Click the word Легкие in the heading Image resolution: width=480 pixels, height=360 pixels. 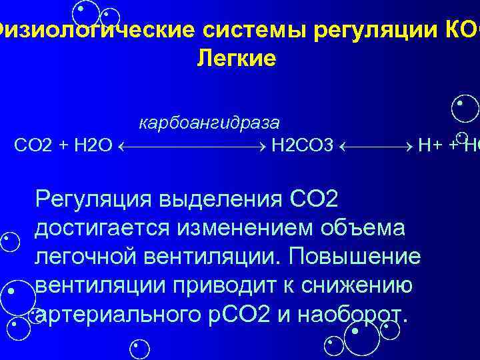pyautogui.click(x=236, y=59)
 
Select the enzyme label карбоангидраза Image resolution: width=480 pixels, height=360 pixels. pyautogui.click(x=209, y=123)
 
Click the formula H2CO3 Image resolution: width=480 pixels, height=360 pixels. pyautogui.click(x=302, y=145)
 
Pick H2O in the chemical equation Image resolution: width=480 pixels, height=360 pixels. pyautogui.click(x=91, y=145)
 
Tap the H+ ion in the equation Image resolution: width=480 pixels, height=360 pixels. pyautogui.click(x=429, y=145)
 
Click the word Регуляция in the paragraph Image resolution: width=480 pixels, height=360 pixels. pyautogui.click(x=93, y=199)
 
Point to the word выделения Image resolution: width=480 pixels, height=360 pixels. pyautogui.click(x=221, y=199)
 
